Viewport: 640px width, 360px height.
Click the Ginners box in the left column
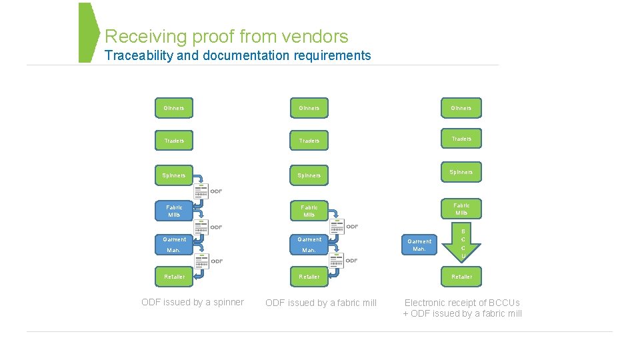pos(174,108)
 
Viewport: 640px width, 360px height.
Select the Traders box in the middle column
pos(309,141)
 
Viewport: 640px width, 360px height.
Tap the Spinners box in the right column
pos(461,173)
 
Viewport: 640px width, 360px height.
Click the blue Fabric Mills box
pos(174,211)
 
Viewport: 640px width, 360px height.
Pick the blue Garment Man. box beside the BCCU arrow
pos(419,245)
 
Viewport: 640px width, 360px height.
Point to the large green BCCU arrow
pos(463,243)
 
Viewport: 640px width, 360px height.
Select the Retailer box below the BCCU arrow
pos(461,277)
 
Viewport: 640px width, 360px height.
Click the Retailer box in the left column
pos(174,277)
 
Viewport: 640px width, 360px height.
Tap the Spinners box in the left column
pos(174,175)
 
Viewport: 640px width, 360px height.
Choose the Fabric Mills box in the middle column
pos(309,211)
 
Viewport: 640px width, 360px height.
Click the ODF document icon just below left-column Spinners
pos(201,191)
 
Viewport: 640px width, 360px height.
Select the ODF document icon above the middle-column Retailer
pos(335,260)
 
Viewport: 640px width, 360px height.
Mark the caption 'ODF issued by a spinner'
pos(193,303)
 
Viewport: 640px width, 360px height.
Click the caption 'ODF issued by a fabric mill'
pos(321,303)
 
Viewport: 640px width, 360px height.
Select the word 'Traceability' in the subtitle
pos(139,56)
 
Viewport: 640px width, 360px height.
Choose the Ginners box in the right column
pos(461,108)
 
